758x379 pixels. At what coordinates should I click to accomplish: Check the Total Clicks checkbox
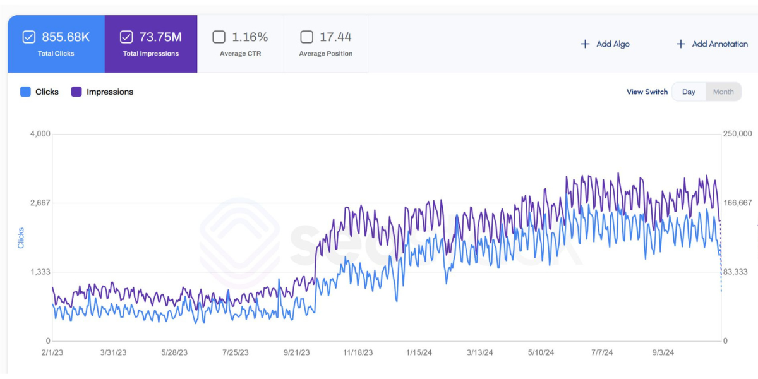28,37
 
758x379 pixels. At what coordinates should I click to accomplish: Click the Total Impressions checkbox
126,37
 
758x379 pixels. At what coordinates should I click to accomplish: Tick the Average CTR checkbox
219,37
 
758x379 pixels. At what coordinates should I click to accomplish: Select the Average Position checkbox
306,37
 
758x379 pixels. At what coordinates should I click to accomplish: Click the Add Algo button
605,44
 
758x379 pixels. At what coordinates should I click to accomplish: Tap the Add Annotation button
712,44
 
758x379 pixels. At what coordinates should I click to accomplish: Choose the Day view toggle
689,92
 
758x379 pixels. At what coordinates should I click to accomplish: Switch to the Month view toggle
723,92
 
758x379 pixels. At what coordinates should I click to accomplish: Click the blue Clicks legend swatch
25,92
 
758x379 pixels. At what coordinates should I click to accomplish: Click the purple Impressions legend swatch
76,92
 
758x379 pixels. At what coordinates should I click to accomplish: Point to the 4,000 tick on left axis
40,134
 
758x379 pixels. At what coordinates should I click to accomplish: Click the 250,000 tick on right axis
737,134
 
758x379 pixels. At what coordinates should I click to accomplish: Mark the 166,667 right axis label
737,203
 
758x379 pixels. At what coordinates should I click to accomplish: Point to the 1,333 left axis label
40,272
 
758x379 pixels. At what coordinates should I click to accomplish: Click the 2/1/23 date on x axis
52,352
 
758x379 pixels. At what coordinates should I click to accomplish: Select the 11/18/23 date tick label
358,352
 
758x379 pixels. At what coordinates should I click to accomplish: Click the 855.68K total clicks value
66,37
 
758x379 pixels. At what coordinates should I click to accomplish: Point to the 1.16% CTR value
250,37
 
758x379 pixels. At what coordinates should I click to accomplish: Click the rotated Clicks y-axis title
21,238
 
